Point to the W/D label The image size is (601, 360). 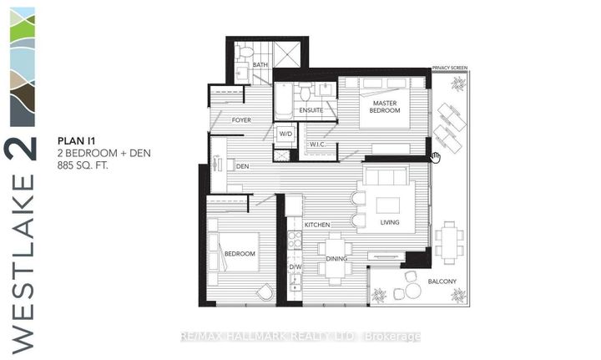(285, 133)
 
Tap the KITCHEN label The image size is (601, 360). (318, 225)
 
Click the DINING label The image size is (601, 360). (336, 259)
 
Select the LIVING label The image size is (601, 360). (389, 223)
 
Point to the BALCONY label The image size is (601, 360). (443, 281)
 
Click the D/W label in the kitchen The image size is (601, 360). (294, 267)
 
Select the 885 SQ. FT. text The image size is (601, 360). (83, 166)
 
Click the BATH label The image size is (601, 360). (260, 65)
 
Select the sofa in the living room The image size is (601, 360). (386, 177)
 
